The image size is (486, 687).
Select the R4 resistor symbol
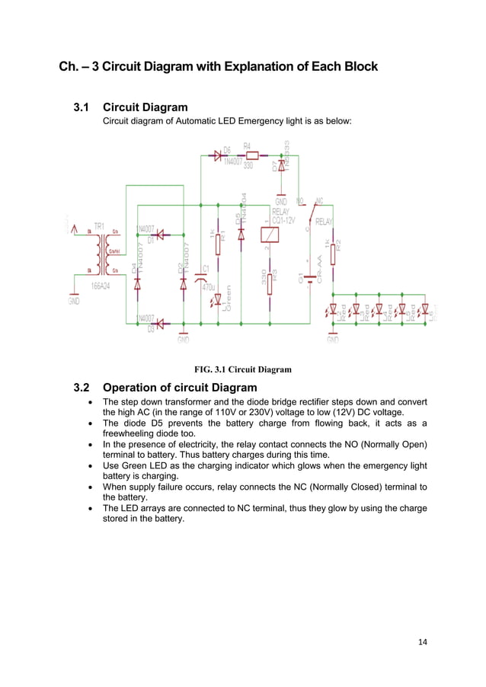[x=252, y=155]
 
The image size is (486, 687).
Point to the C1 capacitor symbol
[x=200, y=270]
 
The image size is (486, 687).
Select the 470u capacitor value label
[x=208, y=287]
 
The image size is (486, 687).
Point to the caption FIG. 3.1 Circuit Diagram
[x=242, y=369]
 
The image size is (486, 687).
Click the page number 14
[x=423, y=641]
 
